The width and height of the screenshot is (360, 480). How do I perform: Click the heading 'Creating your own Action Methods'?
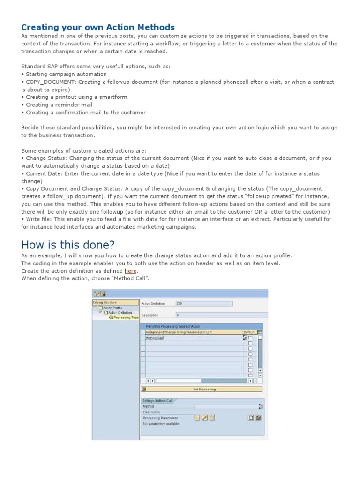coord(98,27)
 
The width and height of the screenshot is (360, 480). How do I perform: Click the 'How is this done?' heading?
coord(68,245)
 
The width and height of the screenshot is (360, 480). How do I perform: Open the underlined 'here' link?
coord(130,271)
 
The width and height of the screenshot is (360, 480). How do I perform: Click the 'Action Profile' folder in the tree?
coord(113,307)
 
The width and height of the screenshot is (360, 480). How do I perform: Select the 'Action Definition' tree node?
coord(120,312)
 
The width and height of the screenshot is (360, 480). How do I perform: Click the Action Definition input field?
coord(203,303)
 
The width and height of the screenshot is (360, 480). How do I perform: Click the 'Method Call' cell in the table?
coord(154,337)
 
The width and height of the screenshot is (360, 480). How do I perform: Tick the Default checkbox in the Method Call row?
coord(250,337)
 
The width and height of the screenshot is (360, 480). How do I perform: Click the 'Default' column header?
coord(249,332)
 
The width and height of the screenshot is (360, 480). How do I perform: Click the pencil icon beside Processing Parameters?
coord(204,418)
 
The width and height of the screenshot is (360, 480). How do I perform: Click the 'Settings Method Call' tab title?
coord(157,401)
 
